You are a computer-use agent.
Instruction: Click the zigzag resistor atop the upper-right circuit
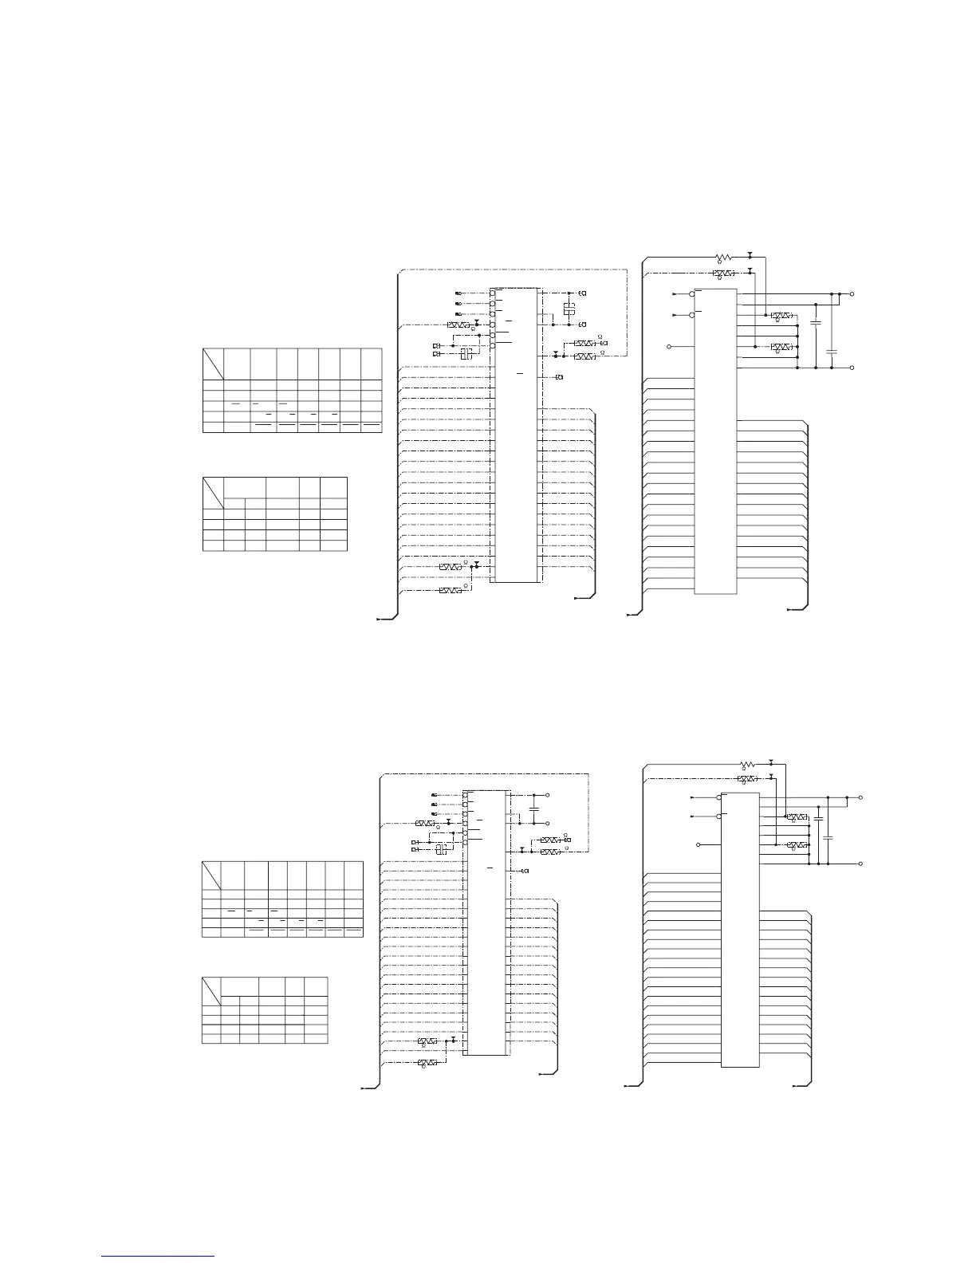click(x=725, y=258)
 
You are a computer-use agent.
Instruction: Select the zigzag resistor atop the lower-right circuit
click(x=747, y=763)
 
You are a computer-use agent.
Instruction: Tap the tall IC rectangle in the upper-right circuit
click(x=715, y=440)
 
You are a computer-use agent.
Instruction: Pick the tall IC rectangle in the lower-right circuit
click(x=740, y=930)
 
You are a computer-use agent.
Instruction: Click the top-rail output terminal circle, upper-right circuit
click(x=853, y=294)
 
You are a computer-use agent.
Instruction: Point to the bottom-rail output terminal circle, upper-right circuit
click(x=853, y=368)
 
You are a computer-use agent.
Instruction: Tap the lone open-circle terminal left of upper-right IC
click(x=670, y=347)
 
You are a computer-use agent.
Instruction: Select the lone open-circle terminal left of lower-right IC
click(x=699, y=845)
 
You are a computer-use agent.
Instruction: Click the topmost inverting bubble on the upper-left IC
click(x=492, y=293)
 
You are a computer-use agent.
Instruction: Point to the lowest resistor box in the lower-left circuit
click(x=427, y=1063)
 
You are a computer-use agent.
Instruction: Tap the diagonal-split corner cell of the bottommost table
click(x=211, y=990)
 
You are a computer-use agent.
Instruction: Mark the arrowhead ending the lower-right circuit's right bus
click(x=794, y=1086)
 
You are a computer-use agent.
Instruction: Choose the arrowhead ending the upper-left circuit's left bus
click(x=380, y=618)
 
